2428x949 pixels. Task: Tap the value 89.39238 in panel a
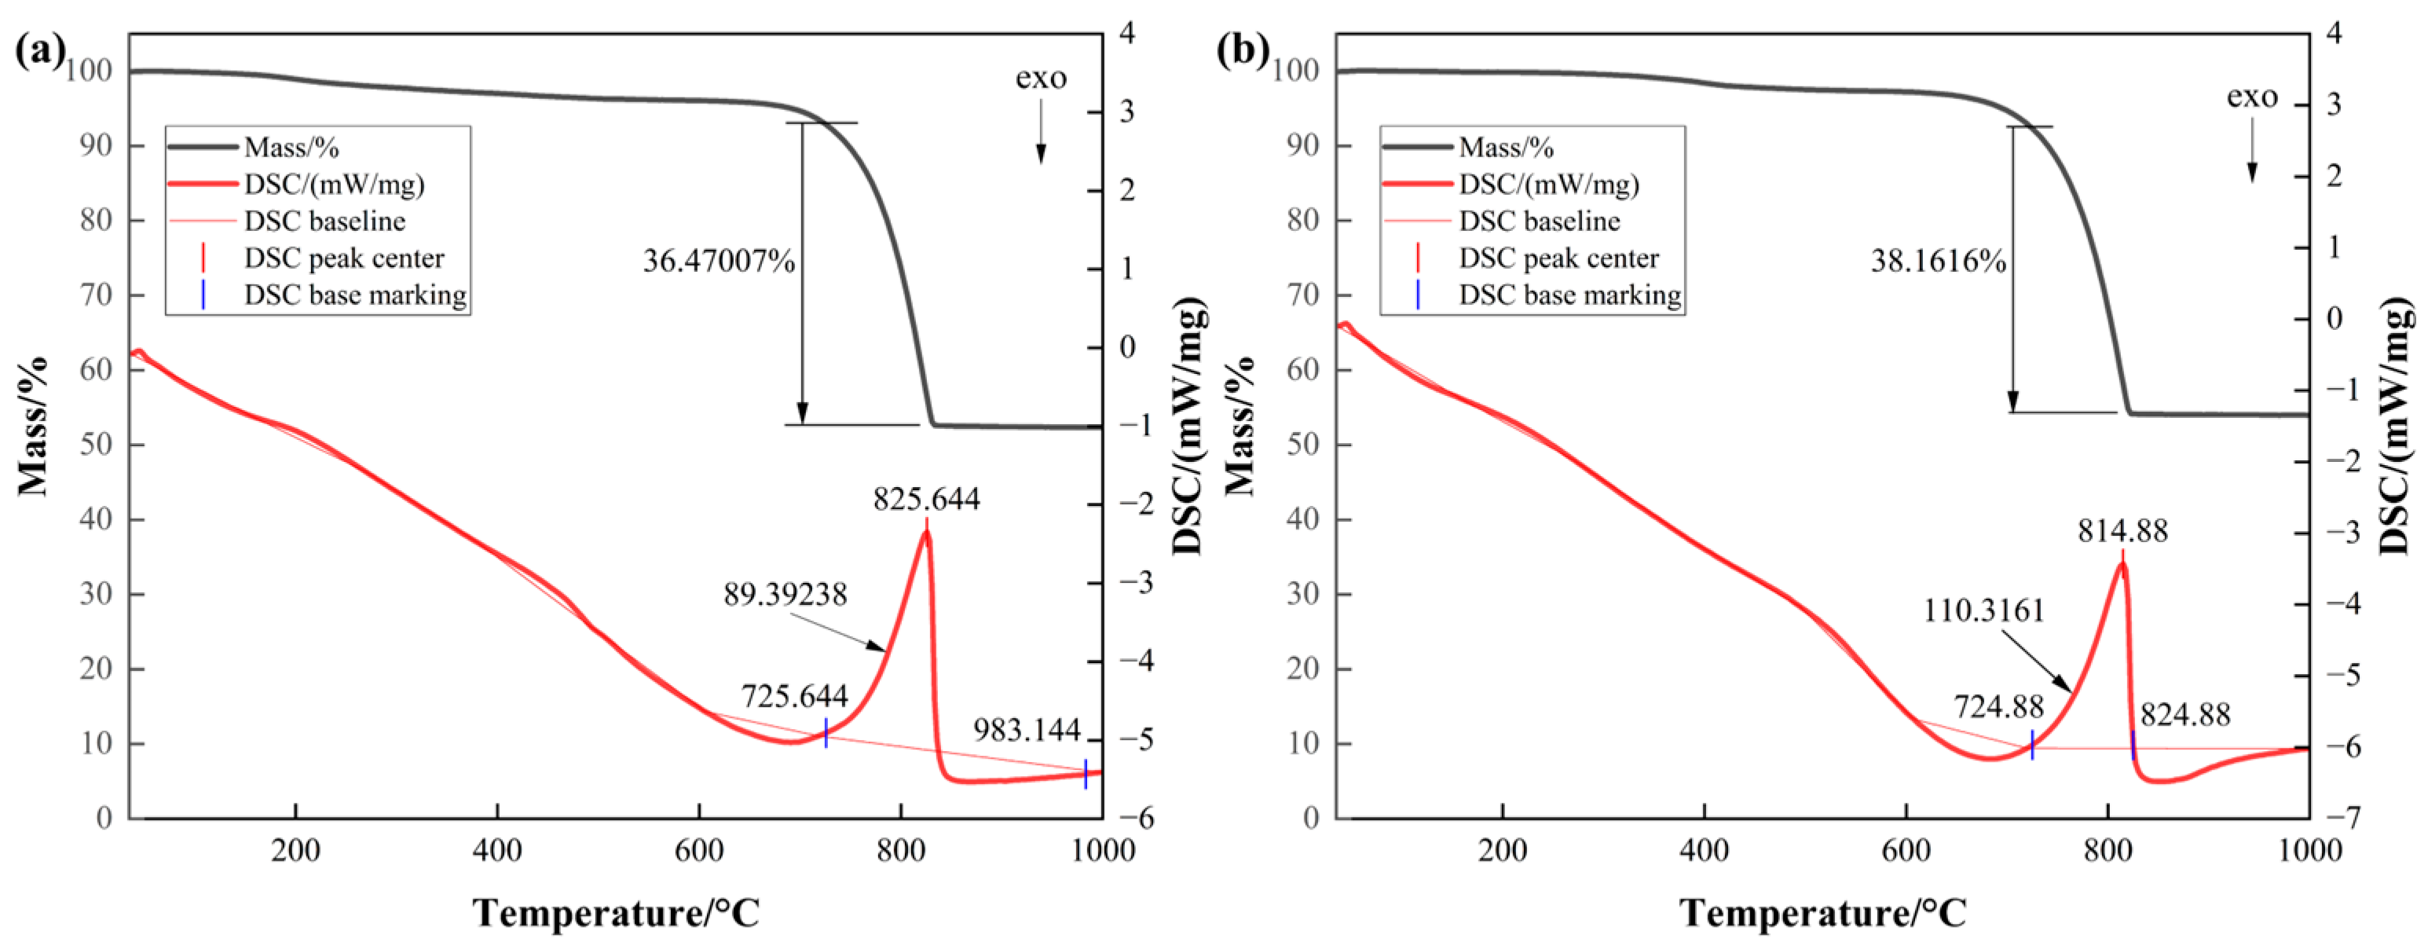point(786,595)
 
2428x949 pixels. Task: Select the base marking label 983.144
point(1027,729)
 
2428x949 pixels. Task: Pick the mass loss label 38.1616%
point(1938,261)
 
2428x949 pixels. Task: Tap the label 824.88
point(2184,715)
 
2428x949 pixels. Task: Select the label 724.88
point(1998,706)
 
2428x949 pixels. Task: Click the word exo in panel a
point(1041,79)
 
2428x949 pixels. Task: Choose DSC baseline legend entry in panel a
point(324,222)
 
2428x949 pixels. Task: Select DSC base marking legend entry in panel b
point(1569,295)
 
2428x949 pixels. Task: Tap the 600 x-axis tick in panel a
point(698,850)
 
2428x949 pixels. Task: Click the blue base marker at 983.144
point(1085,774)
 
